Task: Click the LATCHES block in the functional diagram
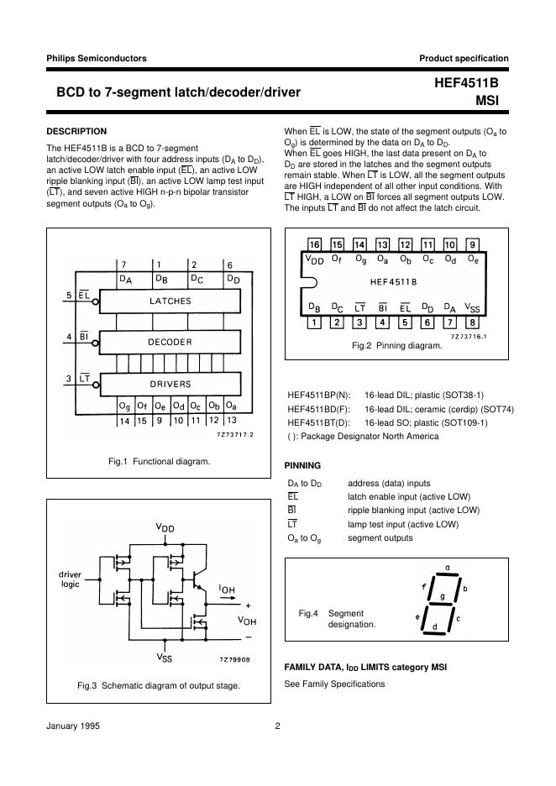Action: (x=170, y=301)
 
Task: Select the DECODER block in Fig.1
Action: (x=170, y=342)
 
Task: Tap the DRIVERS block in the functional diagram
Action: (x=170, y=384)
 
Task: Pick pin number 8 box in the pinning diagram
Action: (x=473, y=322)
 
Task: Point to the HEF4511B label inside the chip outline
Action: (x=393, y=282)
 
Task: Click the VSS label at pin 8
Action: (x=473, y=307)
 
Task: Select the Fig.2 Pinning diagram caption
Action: (x=396, y=345)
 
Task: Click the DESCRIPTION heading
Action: (x=76, y=131)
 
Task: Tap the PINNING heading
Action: (x=303, y=464)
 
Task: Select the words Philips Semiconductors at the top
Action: (x=97, y=58)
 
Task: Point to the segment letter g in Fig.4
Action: (x=443, y=596)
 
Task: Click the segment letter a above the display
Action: (x=447, y=568)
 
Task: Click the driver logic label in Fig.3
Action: (x=70, y=579)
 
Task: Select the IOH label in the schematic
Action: (x=226, y=589)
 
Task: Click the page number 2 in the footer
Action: (x=277, y=727)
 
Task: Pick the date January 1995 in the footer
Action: (x=72, y=727)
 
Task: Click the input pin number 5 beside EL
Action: (x=69, y=296)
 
